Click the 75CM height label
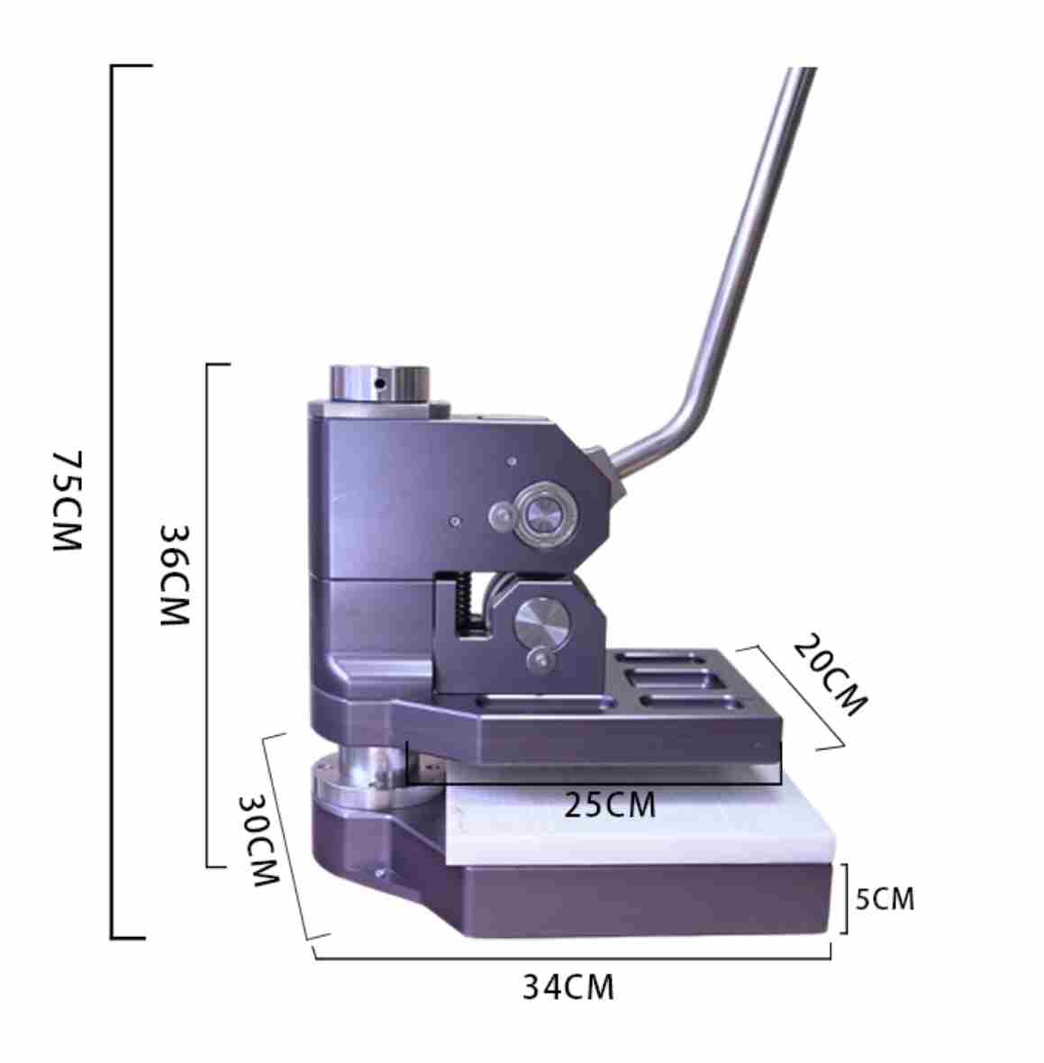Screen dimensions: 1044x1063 [68, 500]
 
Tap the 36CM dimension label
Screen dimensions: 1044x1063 [174, 575]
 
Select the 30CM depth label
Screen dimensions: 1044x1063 [259, 840]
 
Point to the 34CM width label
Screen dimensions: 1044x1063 [568, 987]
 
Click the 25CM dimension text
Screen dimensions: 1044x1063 [610, 805]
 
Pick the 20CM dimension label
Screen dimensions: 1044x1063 [830, 675]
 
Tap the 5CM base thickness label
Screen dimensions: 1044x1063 [885, 899]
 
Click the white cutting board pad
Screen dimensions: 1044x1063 [637, 823]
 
